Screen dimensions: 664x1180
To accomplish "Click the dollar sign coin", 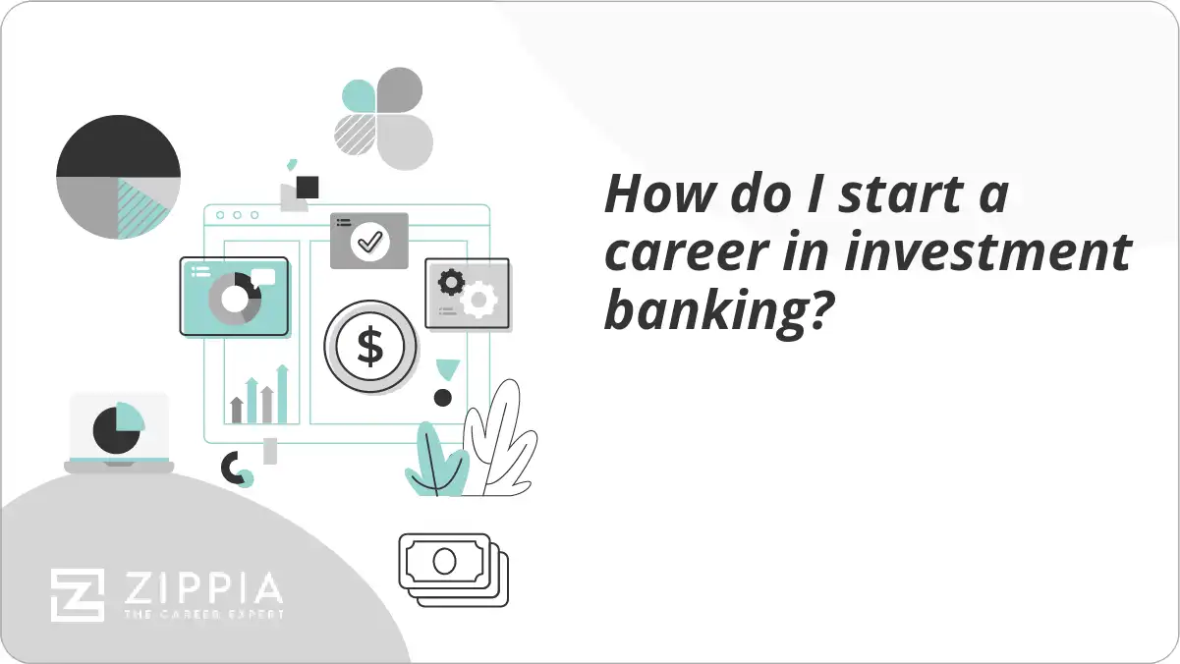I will (370, 347).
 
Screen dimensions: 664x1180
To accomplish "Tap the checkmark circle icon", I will (369, 240).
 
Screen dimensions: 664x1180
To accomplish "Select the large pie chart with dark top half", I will (118, 178).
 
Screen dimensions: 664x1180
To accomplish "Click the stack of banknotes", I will (454, 569).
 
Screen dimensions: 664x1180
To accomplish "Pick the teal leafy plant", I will (435, 461).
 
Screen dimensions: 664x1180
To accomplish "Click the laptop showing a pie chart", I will (119, 432).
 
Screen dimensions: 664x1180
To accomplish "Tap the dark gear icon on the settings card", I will (451, 283).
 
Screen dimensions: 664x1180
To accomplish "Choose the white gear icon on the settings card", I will (480, 299).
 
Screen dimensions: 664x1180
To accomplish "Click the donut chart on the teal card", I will (233, 298).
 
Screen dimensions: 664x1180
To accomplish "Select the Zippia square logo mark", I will (78, 595).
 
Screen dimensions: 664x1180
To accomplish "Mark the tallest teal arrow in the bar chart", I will (282, 394).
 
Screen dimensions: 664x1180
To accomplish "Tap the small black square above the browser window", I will (308, 187).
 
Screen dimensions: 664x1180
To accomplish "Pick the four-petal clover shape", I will (383, 119).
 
